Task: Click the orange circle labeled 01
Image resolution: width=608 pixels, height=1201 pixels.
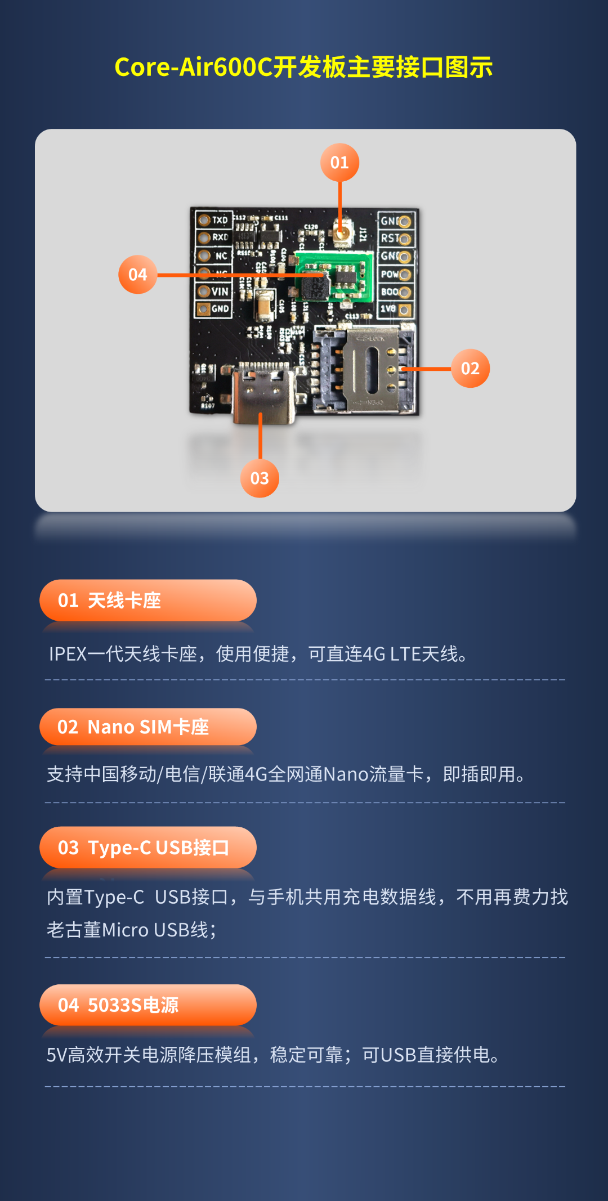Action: point(339,163)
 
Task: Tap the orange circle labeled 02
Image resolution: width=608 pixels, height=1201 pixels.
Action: point(470,369)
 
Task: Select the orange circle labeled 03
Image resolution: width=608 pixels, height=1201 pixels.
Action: point(260,478)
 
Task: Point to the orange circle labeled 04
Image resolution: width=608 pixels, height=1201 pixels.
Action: point(138,275)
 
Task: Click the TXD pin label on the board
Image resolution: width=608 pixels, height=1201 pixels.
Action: point(220,220)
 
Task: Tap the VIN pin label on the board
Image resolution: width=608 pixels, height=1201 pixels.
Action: point(220,292)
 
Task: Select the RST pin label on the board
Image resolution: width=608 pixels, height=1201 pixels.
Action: point(390,239)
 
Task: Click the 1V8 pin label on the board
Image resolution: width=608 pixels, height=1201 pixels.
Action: point(388,309)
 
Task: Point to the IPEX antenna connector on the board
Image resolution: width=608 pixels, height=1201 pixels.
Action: point(341,233)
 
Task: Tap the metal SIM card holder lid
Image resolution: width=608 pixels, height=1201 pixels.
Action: point(372,369)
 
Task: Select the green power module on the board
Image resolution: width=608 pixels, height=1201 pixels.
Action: point(334,276)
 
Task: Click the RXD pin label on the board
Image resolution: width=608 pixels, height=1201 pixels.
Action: point(220,237)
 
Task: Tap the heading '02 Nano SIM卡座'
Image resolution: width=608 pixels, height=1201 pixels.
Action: point(133,727)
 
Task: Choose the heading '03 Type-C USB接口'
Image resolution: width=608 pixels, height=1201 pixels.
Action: point(144,848)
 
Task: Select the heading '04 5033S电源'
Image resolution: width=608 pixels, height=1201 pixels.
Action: point(118,1005)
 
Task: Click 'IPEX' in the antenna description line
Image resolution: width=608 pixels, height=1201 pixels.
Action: point(68,654)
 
